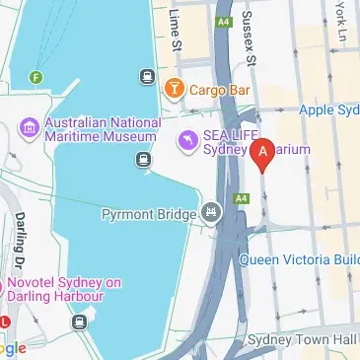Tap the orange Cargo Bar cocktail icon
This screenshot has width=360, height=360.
tap(175, 89)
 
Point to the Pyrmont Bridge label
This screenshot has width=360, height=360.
tap(150, 213)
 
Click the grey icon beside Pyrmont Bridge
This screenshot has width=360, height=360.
tap(211, 212)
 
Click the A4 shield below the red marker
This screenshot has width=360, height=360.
tap(242, 198)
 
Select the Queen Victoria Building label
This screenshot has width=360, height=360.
tap(300, 260)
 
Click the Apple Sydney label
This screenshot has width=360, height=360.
tap(329, 109)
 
